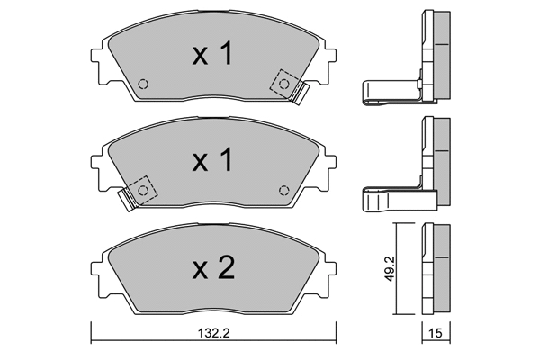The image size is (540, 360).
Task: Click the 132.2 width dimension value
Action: coord(213,333)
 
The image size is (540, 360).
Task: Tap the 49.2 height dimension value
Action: coord(389,268)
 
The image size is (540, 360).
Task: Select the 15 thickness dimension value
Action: coord(436,333)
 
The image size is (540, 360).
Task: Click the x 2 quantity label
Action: coord(213,267)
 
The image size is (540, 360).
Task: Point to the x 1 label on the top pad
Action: coord(212,54)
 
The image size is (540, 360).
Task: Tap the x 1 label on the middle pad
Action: coord(212,160)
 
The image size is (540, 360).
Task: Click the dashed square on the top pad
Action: coord(283,83)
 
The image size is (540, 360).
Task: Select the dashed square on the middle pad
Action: coord(142,190)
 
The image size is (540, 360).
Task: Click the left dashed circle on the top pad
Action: coord(142,84)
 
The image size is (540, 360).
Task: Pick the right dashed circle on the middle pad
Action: coord(283,191)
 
